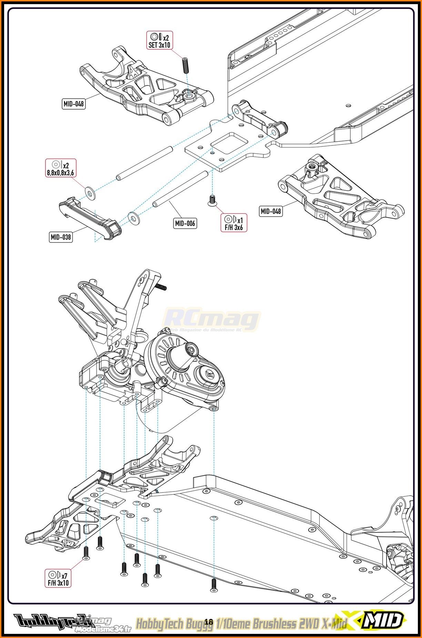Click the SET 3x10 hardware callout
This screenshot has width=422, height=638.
pos(159,41)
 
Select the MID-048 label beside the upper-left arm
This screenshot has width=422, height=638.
pos(74,103)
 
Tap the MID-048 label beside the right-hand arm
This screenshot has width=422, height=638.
pos(271,211)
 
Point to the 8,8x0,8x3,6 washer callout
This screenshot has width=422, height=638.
pos(61,168)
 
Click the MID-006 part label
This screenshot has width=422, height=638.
pos(185,223)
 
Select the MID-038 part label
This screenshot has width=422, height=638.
pos(61,237)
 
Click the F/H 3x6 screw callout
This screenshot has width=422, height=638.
pos(234,223)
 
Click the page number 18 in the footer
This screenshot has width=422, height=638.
pos(209,622)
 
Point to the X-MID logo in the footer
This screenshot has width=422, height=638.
pos(381,621)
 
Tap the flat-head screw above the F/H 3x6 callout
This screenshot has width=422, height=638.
pos(212,200)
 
